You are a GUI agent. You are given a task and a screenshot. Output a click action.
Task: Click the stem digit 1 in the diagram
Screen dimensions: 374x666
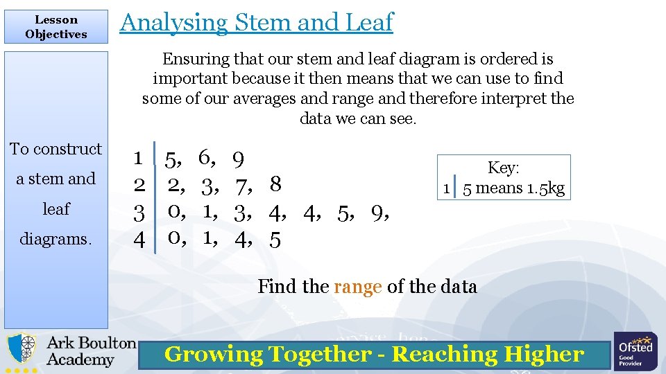[138, 159]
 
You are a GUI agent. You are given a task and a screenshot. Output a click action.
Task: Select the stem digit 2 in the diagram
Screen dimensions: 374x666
[139, 185]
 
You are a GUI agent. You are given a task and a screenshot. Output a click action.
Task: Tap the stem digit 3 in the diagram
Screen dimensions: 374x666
[139, 212]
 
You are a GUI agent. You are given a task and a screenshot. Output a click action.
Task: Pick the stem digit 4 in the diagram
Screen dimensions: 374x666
[139, 239]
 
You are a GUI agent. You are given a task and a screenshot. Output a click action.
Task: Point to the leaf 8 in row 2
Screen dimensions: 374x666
[275, 185]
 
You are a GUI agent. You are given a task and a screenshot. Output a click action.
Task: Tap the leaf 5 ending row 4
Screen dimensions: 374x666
[275, 240]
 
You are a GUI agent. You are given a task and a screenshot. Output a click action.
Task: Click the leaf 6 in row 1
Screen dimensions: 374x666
[205, 159]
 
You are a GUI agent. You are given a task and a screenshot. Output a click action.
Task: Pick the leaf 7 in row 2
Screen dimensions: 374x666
[241, 186]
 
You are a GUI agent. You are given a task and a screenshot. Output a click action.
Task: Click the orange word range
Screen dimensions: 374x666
[358, 287]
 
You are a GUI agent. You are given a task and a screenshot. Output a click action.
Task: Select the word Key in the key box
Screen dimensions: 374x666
[502, 168]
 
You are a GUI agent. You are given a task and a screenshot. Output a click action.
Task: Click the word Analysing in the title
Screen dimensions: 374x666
[173, 23]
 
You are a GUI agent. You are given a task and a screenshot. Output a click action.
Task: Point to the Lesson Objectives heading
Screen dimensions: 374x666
[56, 27]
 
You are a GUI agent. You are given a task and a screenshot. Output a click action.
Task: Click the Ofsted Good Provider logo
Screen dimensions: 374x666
[635, 350]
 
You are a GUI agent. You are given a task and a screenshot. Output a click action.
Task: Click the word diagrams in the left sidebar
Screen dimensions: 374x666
[56, 238]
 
